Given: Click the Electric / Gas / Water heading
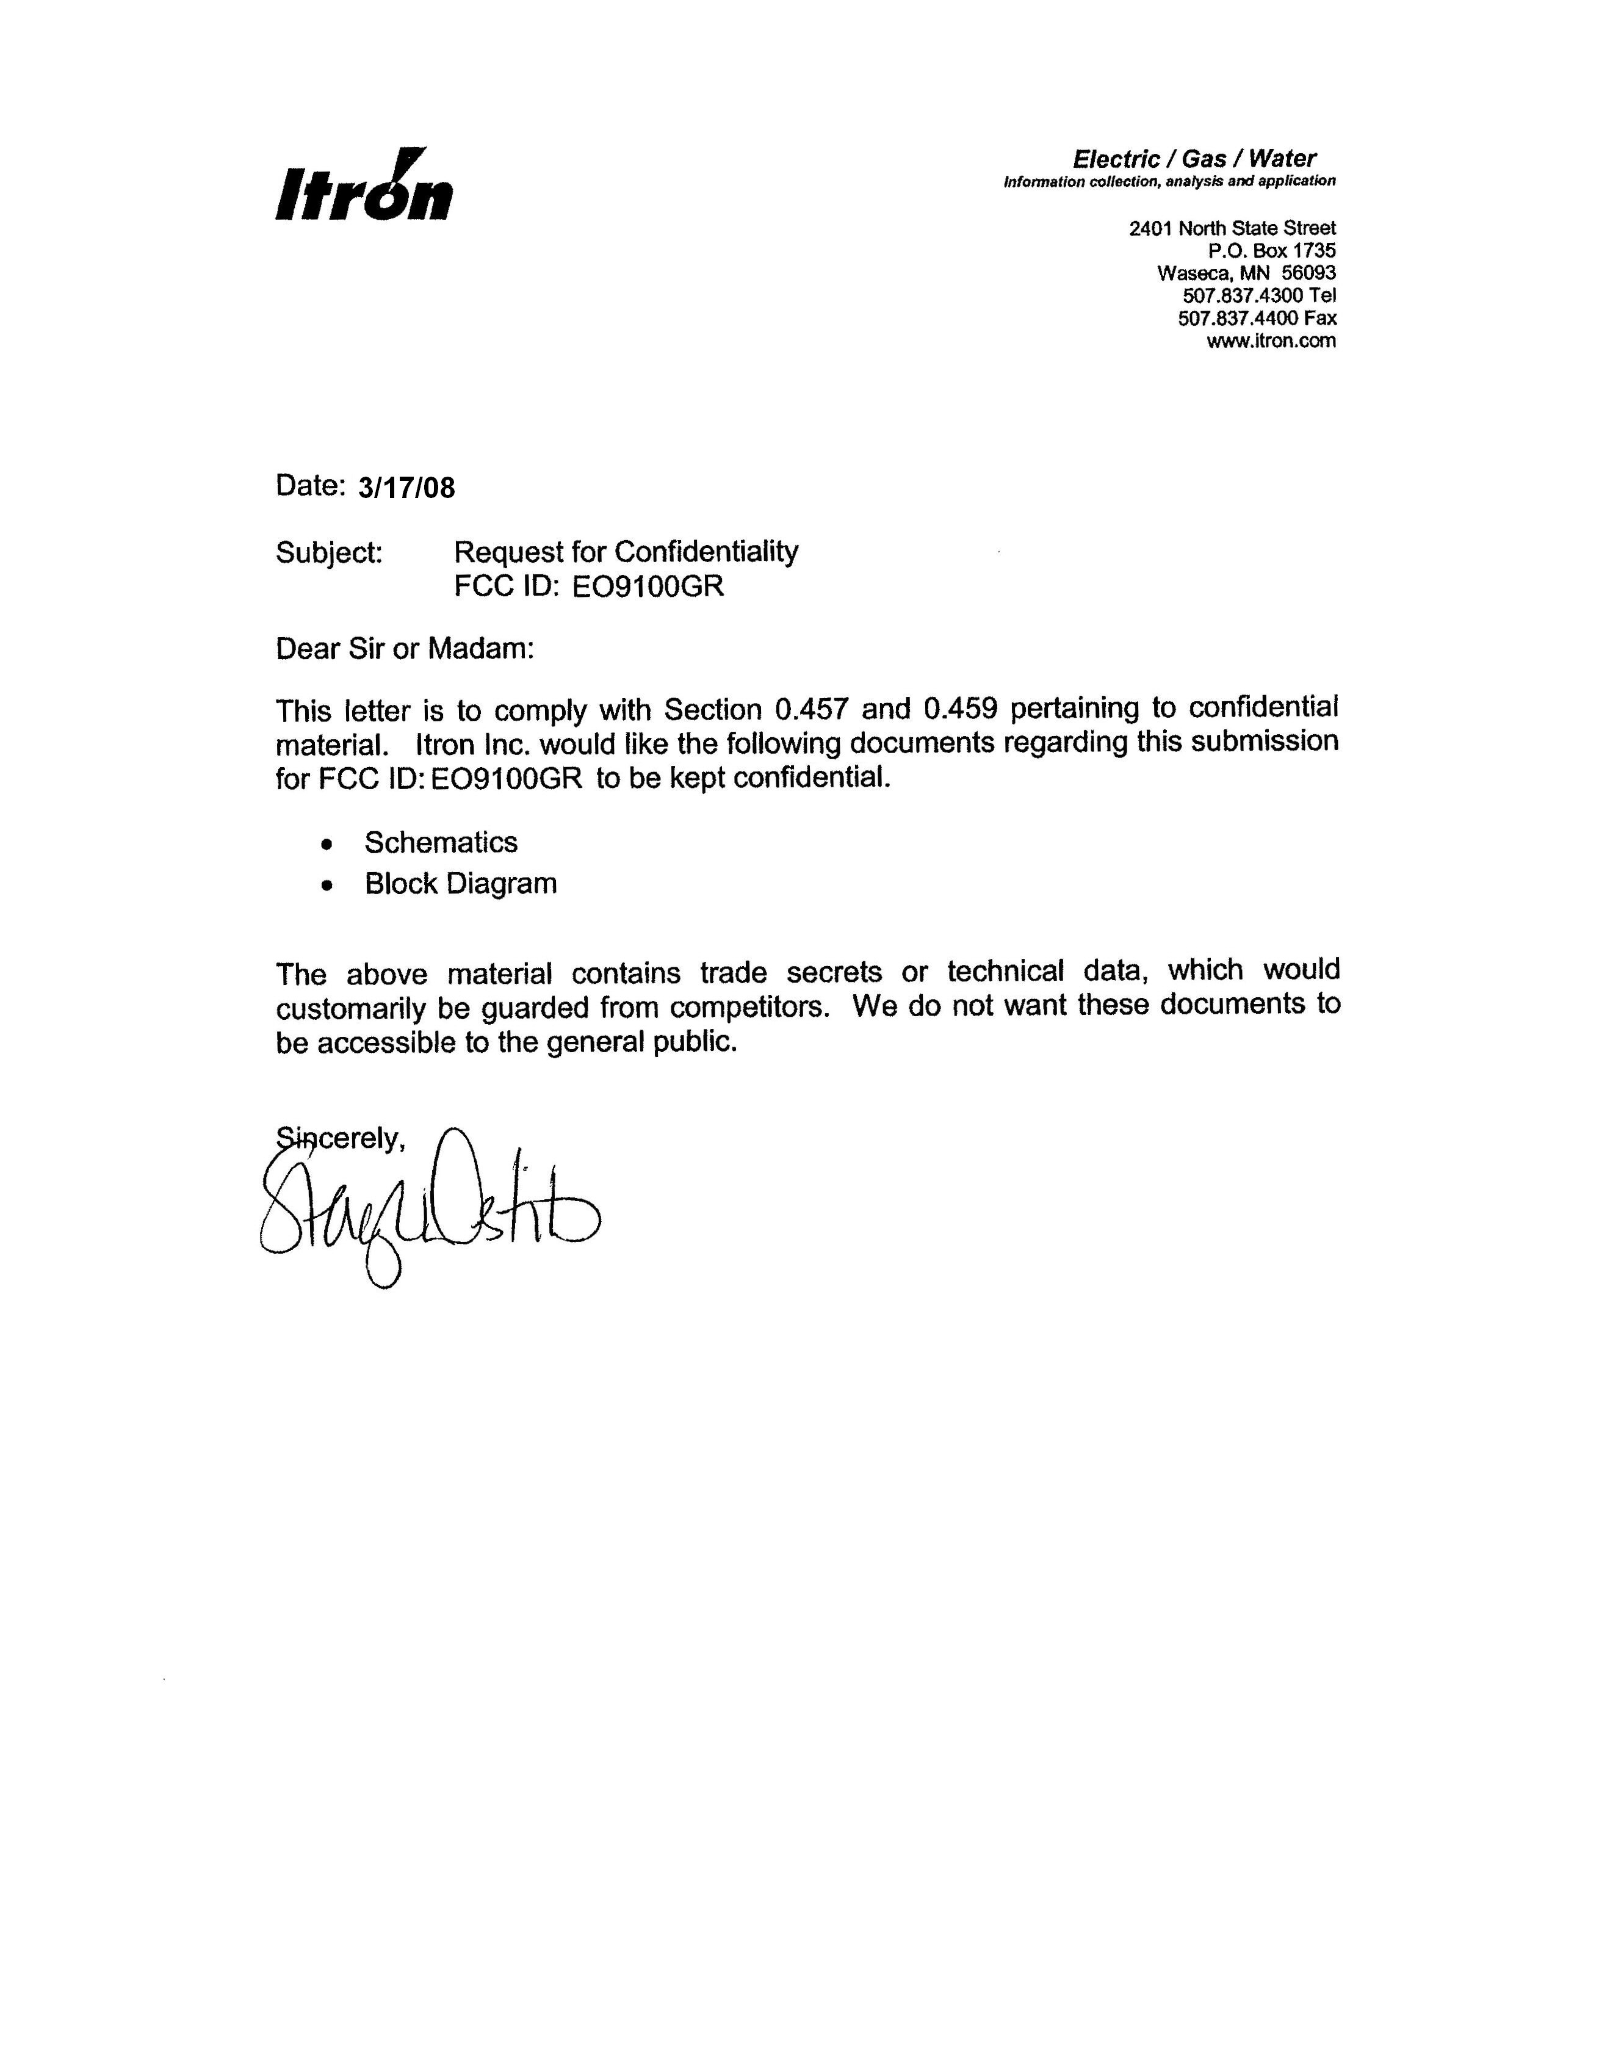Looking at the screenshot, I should [x=1194, y=159].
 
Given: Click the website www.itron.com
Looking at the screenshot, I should [x=1271, y=340].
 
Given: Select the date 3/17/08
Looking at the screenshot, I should [x=406, y=488].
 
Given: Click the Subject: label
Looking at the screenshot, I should [x=329, y=553].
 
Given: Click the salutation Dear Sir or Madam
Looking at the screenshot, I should [x=404, y=649].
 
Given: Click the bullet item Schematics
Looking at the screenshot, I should [x=441, y=843].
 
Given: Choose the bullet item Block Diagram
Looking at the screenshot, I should [x=460, y=884].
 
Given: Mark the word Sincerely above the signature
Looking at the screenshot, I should [x=340, y=1139].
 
